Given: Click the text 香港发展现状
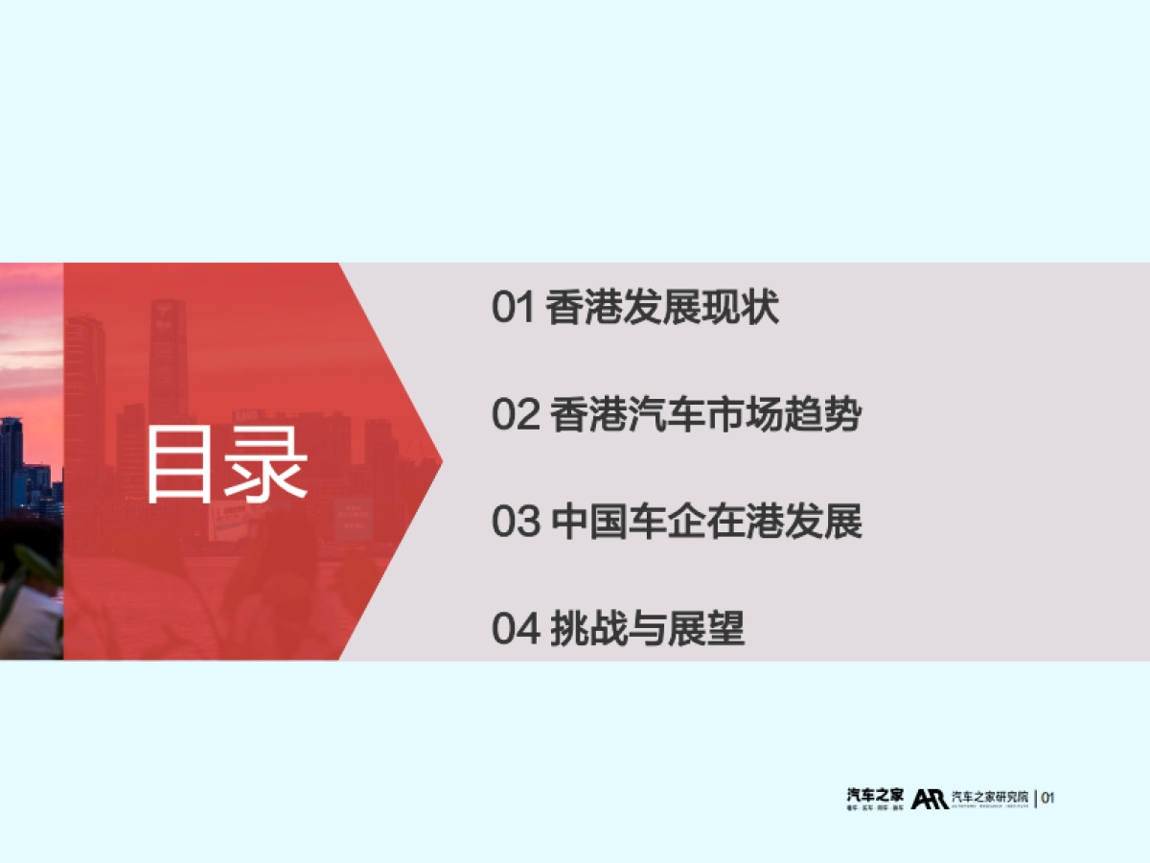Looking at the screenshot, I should pos(662,309).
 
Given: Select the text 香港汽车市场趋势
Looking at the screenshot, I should pos(706,416).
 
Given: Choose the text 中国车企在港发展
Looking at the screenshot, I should pos(706,523).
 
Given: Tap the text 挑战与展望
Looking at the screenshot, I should pos(648,630).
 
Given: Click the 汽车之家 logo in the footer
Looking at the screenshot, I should pos(875,795).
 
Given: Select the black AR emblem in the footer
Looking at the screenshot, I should pos(930,799).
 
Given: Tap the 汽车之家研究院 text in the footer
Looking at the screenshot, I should pos(991,797).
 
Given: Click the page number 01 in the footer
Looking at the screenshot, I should pos(1047,798).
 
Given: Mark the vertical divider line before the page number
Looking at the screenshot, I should pos(1036,798).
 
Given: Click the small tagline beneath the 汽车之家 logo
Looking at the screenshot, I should pos(875,809).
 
